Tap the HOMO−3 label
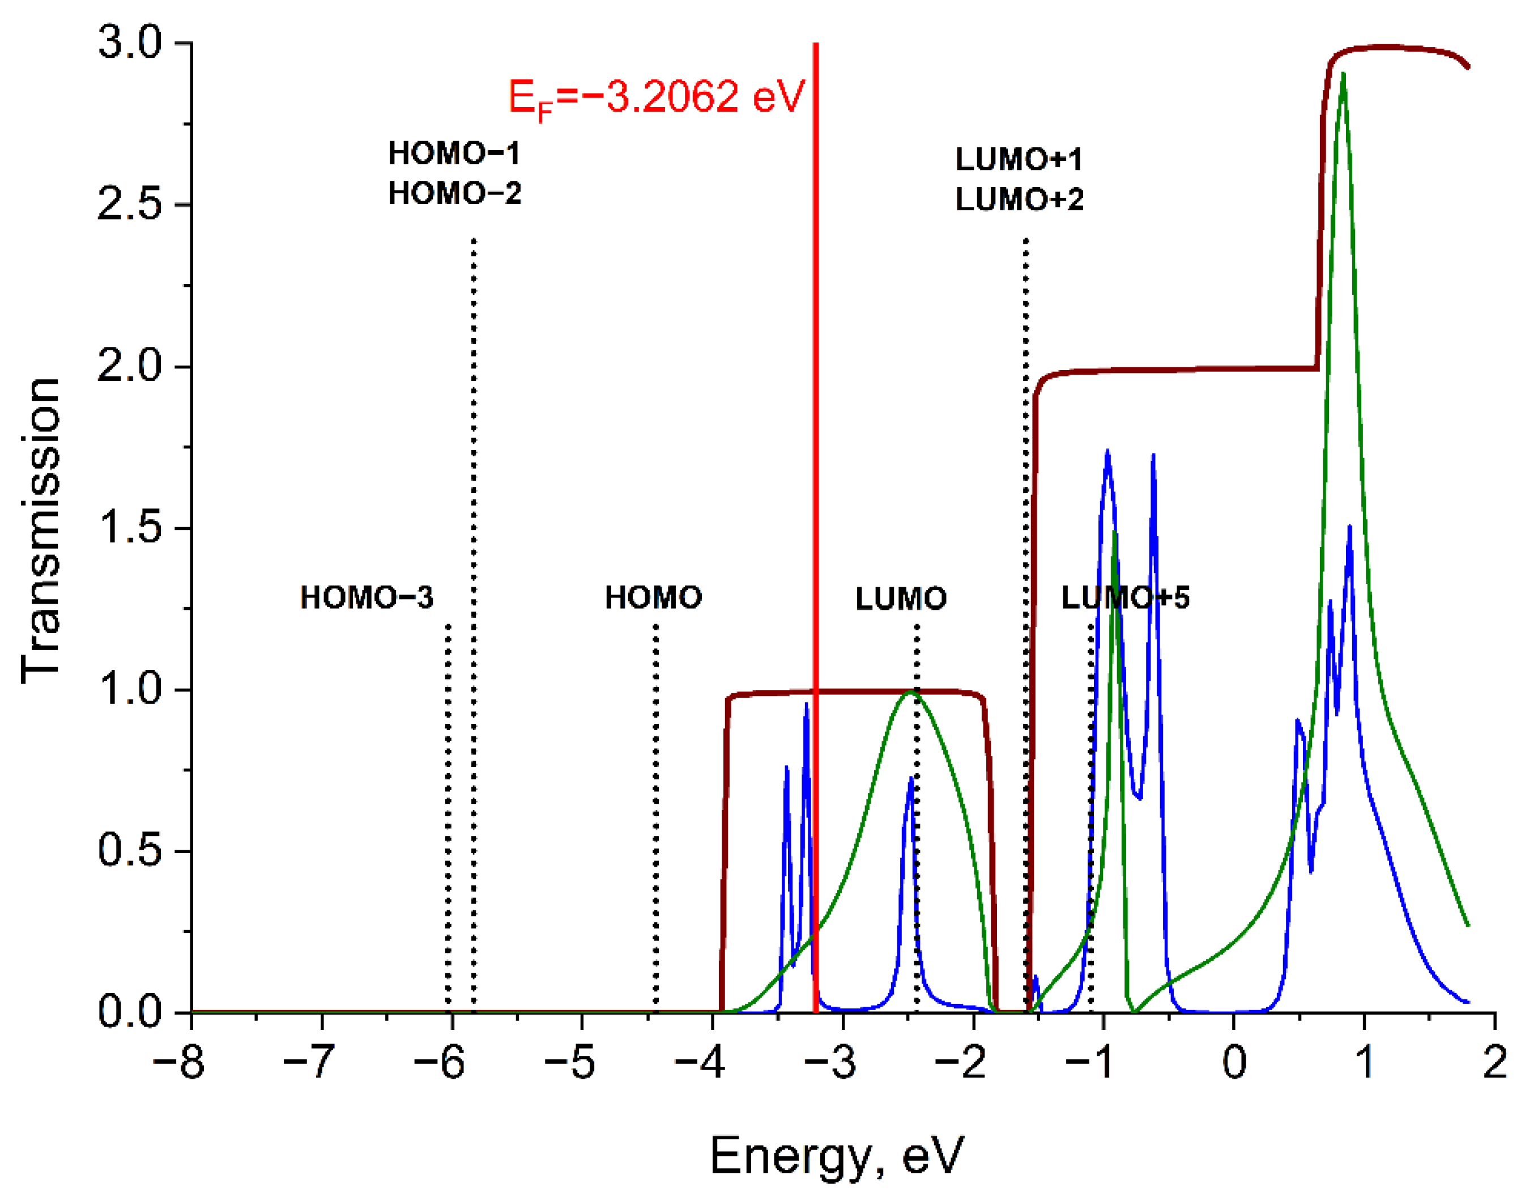(x=367, y=598)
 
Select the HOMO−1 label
(x=454, y=154)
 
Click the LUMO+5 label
(x=1125, y=598)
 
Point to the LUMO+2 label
(x=1019, y=200)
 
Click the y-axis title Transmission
(x=41, y=531)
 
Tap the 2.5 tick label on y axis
(x=129, y=205)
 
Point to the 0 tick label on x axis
(x=1234, y=1061)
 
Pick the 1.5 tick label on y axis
(x=129, y=528)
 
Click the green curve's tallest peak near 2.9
(x=1343, y=74)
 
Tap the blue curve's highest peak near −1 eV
(x=1107, y=452)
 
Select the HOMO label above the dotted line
(x=653, y=598)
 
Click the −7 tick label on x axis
(x=309, y=1061)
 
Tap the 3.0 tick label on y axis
(x=129, y=43)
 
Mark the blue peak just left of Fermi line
(x=806, y=705)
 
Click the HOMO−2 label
(x=454, y=194)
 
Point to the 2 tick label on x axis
(x=1494, y=1061)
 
